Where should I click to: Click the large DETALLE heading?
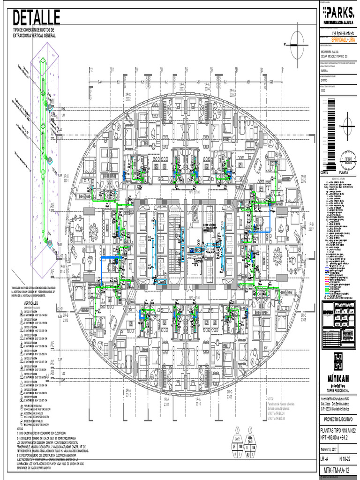[37, 18]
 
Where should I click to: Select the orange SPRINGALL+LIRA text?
[340, 41]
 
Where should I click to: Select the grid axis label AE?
[52, 344]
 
